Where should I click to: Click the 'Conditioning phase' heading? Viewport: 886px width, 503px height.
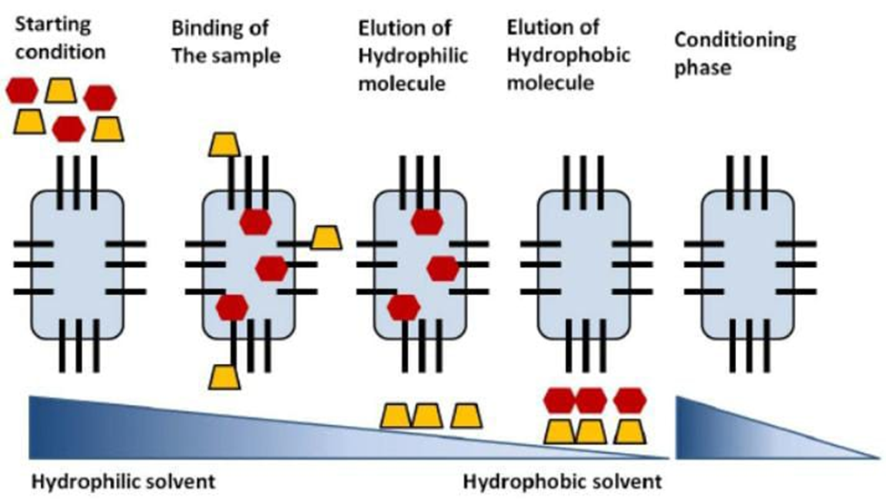coord(735,53)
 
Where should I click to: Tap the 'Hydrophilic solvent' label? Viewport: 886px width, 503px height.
coord(124,480)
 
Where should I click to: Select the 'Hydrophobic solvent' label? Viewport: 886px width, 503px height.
coord(561,480)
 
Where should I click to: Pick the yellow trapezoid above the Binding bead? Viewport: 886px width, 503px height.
coord(224,143)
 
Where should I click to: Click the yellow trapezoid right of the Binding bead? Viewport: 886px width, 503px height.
coord(324,238)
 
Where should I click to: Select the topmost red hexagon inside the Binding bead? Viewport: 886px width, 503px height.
coord(255,222)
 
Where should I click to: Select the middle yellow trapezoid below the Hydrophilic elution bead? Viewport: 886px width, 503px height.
coord(427,415)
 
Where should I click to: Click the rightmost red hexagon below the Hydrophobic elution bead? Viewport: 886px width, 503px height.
coord(630,399)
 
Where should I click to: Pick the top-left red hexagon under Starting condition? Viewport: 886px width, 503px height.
coord(21,90)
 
